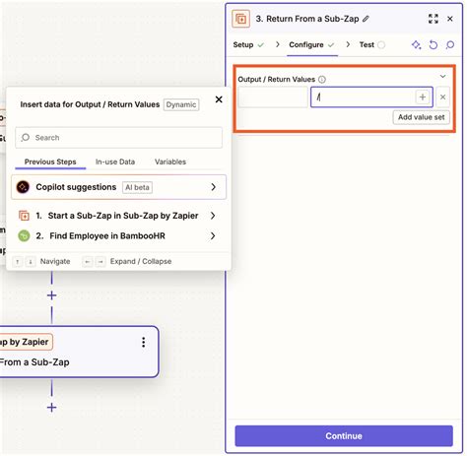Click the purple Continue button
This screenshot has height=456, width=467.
(x=344, y=435)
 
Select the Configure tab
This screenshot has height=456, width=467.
(x=306, y=44)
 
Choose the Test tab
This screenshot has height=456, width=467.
(x=367, y=44)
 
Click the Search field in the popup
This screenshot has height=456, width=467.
(x=118, y=138)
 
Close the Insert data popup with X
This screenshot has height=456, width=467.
(x=219, y=98)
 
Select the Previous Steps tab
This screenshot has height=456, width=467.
(x=53, y=162)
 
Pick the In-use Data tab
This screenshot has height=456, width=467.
(x=115, y=162)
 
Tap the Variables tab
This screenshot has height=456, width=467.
(x=170, y=162)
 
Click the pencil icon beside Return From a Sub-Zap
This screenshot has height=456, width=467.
(x=367, y=18)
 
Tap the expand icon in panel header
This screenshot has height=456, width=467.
(x=434, y=18)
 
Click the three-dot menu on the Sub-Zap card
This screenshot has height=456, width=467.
(x=144, y=342)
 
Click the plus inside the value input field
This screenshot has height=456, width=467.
(x=422, y=97)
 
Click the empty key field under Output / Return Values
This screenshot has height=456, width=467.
(x=273, y=97)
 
